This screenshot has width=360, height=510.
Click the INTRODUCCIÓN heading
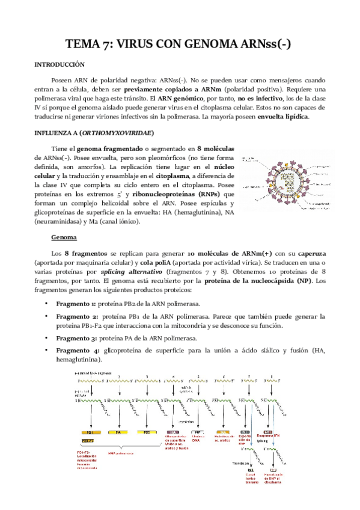(x=59, y=64)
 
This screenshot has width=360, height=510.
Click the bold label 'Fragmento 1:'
(x=76, y=304)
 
